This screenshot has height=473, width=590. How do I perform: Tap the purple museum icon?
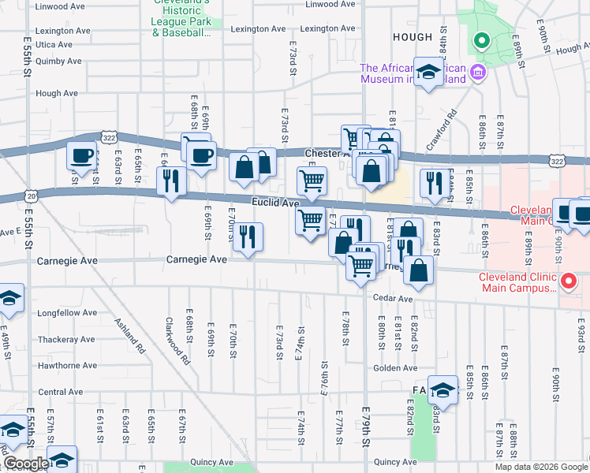[x=478, y=74]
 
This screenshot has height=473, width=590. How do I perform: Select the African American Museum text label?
[x=413, y=73]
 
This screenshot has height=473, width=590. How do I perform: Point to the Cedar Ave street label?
[x=394, y=299]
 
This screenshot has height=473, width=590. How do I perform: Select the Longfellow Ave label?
[x=66, y=313]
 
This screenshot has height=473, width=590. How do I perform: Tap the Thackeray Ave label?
[x=67, y=339]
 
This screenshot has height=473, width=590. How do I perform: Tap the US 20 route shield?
[x=31, y=195]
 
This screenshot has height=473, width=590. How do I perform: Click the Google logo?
[x=25, y=464]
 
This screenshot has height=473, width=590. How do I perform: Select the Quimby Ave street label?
[x=58, y=61]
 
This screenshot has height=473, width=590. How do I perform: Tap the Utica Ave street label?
[x=54, y=44]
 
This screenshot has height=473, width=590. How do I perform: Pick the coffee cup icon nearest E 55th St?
[x=81, y=155]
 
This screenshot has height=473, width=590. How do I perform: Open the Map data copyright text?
[x=540, y=467]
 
